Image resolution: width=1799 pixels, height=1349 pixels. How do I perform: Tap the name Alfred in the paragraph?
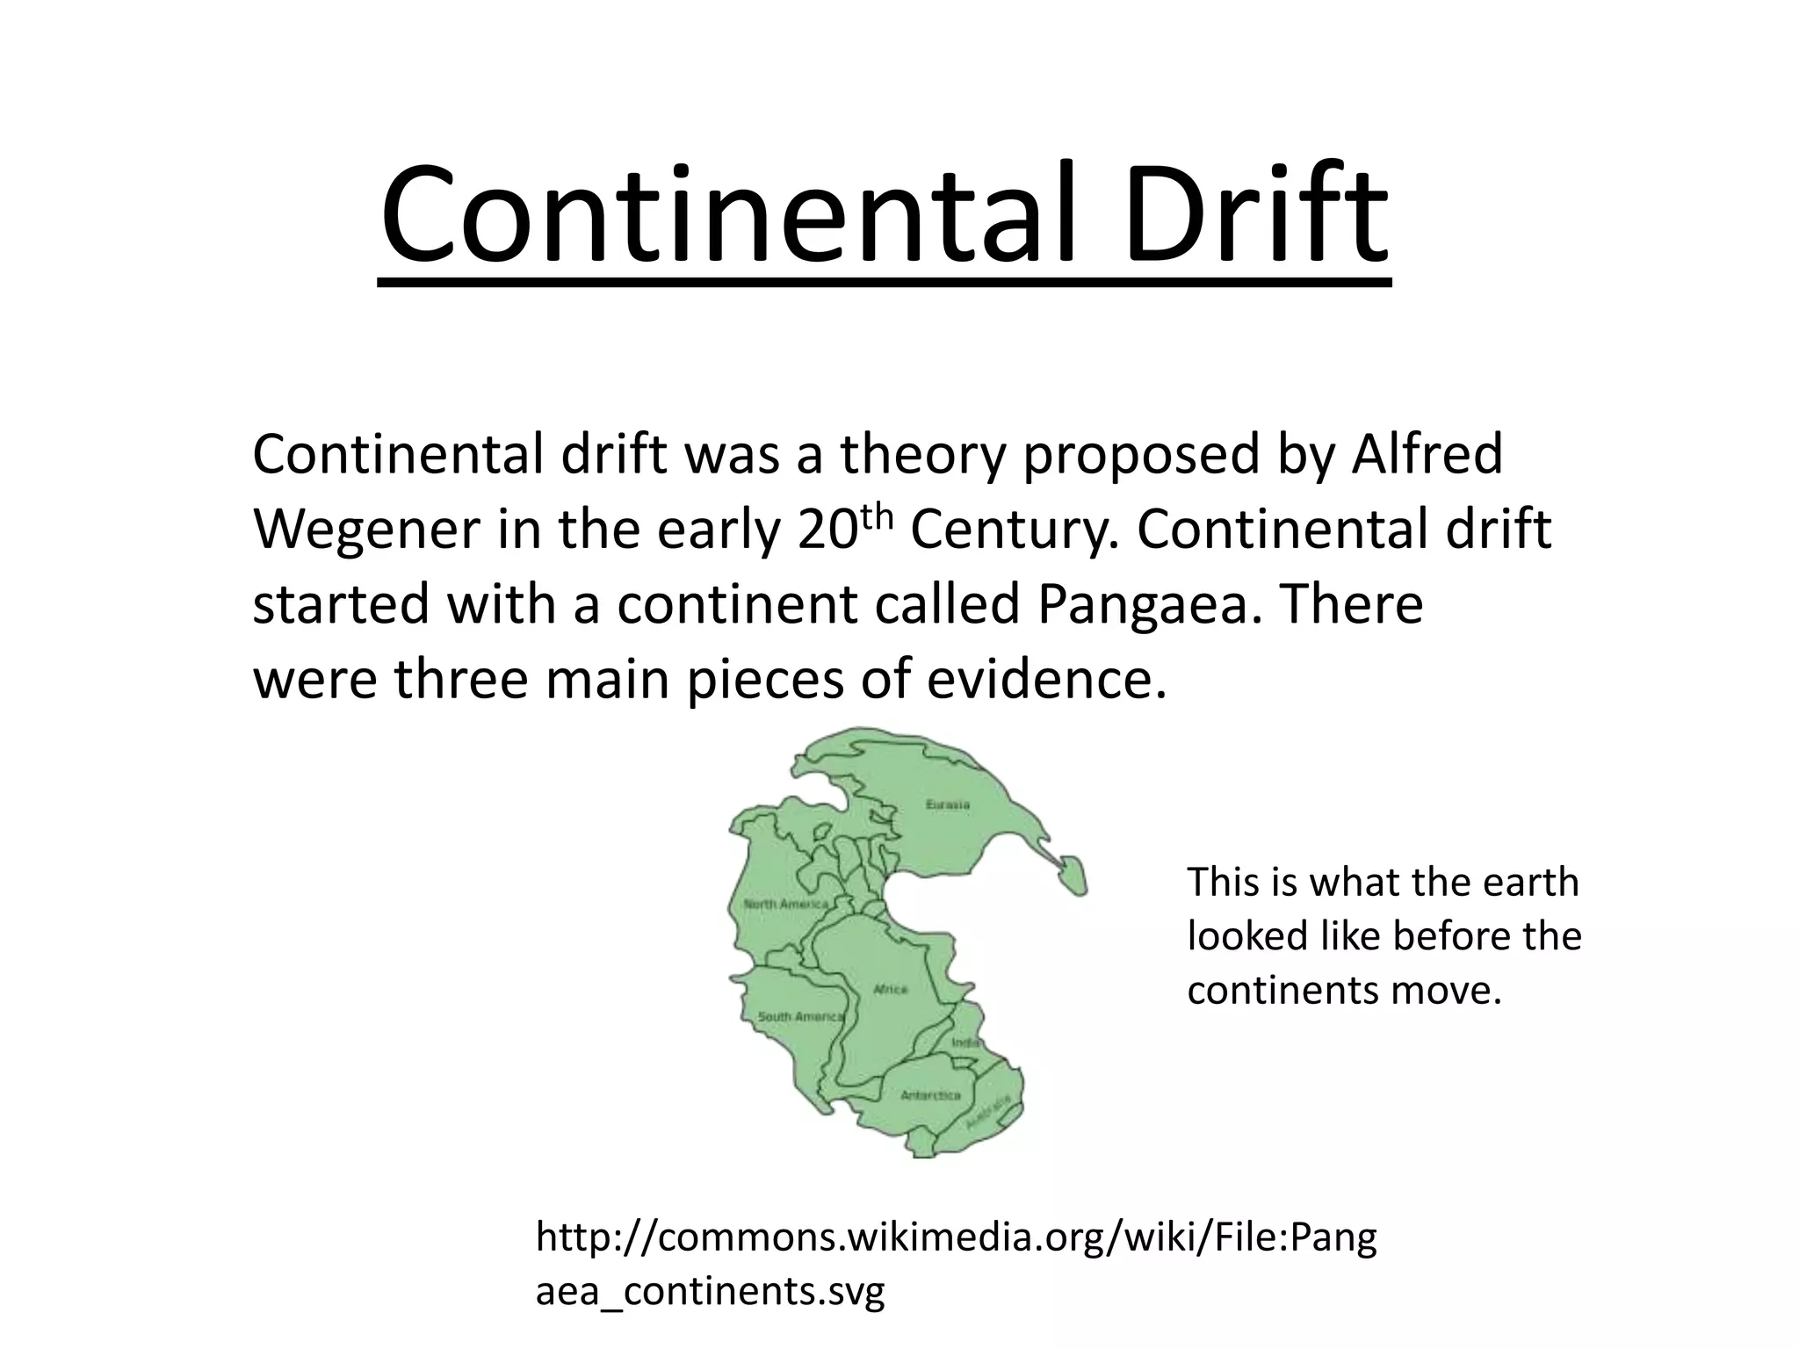pyautogui.click(x=1427, y=454)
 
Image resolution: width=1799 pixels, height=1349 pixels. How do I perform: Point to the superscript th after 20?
pyautogui.click(x=875, y=516)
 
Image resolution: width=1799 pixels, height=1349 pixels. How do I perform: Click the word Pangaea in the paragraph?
pyautogui.click(x=1143, y=605)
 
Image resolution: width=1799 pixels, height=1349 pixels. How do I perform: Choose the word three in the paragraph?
pyautogui.click(x=460, y=680)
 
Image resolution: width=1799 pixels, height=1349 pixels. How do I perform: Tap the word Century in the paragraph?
pyautogui.click(x=1014, y=530)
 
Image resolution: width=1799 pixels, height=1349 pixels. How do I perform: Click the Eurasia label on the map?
pyautogui.click(x=948, y=804)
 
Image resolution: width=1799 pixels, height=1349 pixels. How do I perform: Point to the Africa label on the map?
pyautogui.click(x=890, y=989)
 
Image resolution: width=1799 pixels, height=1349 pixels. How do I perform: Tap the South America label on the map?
pyautogui.click(x=800, y=1016)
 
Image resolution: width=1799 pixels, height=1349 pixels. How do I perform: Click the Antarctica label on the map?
pyautogui.click(x=930, y=1095)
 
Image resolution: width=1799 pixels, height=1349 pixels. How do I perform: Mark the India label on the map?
pyautogui.click(x=966, y=1042)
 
